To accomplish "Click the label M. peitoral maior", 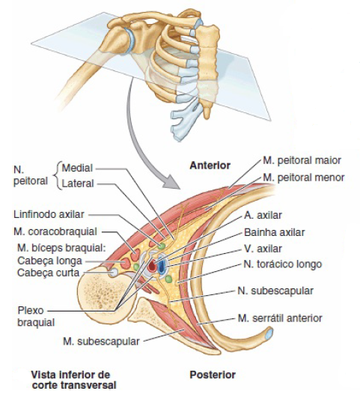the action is point(302,160).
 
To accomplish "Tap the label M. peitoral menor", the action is point(303,178).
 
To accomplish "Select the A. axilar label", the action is point(263,215).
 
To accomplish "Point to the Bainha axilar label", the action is point(275,232).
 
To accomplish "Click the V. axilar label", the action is point(263,249).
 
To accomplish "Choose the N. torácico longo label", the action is point(283,264).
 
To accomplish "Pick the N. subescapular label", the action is point(275,291).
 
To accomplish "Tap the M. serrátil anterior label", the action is point(280,318).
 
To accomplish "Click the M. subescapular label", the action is point(101,342).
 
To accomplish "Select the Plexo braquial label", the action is point(36,316).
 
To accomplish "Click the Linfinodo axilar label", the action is point(49,214).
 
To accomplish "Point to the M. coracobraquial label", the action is point(55,231).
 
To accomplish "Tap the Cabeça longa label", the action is point(49,261).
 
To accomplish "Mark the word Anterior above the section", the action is point(210,166).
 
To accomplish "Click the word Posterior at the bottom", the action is point(213,375).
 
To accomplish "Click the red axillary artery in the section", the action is point(152,266).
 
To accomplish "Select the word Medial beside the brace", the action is point(77,168).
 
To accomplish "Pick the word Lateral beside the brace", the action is point(78,184).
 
